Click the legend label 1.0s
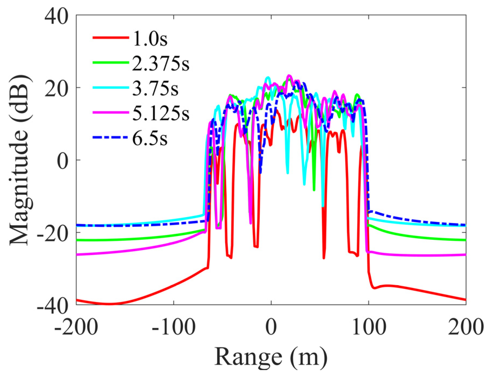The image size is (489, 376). pyautogui.click(x=150, y=39)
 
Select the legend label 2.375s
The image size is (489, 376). pyautogui.click(x=160, y=64)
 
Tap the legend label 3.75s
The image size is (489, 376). pyautogui.click(x=155, y=88)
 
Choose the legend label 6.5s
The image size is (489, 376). pyautogui.click(x=150, y=138)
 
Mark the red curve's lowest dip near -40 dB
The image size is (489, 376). pyautogui.click(x=110, y=304)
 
